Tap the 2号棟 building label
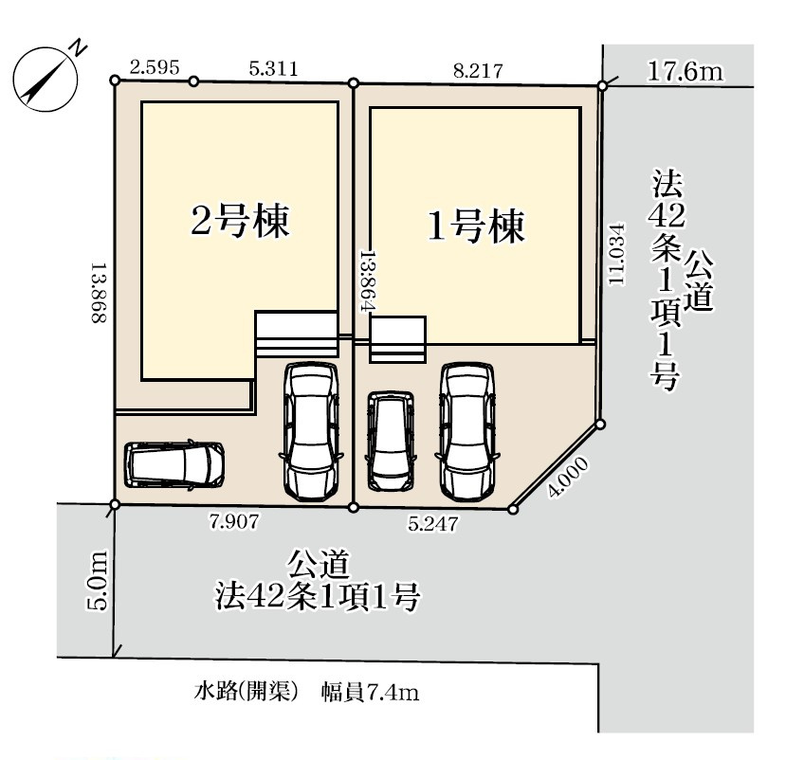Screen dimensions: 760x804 (240, 223)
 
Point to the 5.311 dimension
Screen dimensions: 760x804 (273, 67)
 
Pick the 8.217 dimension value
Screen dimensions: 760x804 (477, 68)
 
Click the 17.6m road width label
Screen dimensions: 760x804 (685, 70)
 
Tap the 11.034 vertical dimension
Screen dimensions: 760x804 (617, 254)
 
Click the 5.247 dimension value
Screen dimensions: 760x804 (433, 521)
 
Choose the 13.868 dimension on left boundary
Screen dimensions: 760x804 (97, 294)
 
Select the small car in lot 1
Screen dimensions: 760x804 (391, 442)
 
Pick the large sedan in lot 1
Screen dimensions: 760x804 (466, 431)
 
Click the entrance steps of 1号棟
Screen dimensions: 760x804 (397, 340)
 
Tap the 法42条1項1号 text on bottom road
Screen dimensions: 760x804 (317, 598)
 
